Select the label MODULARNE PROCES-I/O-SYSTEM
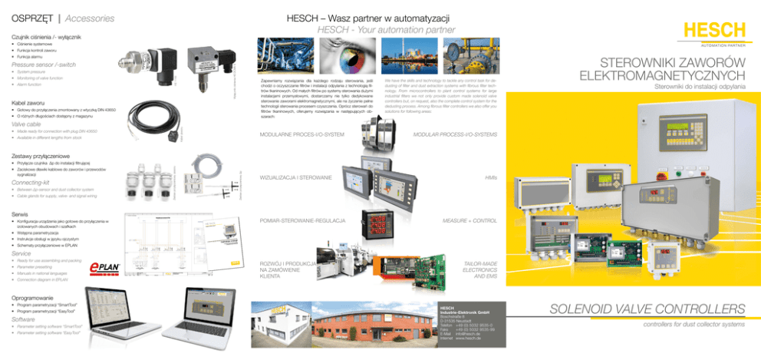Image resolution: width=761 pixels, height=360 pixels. (x=301, y=135)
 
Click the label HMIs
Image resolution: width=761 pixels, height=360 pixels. (x=490, y=178)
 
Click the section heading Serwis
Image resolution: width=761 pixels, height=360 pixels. (x=21, y=213)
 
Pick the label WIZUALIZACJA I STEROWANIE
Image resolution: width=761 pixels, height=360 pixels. (x=295, y=178)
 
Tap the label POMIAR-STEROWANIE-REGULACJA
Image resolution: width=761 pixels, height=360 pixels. (x=302, y=221)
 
